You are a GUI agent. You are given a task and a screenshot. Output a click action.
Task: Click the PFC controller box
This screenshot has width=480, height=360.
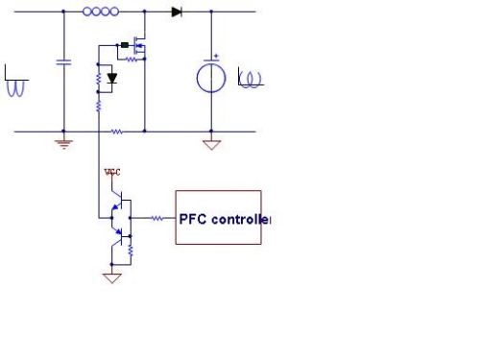pos(218,217)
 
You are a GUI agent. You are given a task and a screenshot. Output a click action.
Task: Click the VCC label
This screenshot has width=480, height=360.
pos(113,173)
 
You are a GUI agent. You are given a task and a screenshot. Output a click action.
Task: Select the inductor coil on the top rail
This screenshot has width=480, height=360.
pos(101,12)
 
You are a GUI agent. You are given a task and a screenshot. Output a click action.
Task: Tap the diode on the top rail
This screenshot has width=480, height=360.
pos(177,12)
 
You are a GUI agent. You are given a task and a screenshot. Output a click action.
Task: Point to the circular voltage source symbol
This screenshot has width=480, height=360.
pos(212,77)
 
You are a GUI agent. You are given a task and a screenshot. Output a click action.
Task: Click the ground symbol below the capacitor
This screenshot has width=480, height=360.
pos(63,143)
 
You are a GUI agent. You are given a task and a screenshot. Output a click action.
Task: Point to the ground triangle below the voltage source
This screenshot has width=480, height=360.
pos(212,145)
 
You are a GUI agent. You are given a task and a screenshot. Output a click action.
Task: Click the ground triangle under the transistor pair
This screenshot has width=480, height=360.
pos(112,278)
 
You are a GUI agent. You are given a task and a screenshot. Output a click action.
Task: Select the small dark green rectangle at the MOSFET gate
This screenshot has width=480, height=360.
pos(124,44)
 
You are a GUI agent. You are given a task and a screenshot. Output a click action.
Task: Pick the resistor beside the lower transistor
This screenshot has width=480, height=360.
pos(131,252)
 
